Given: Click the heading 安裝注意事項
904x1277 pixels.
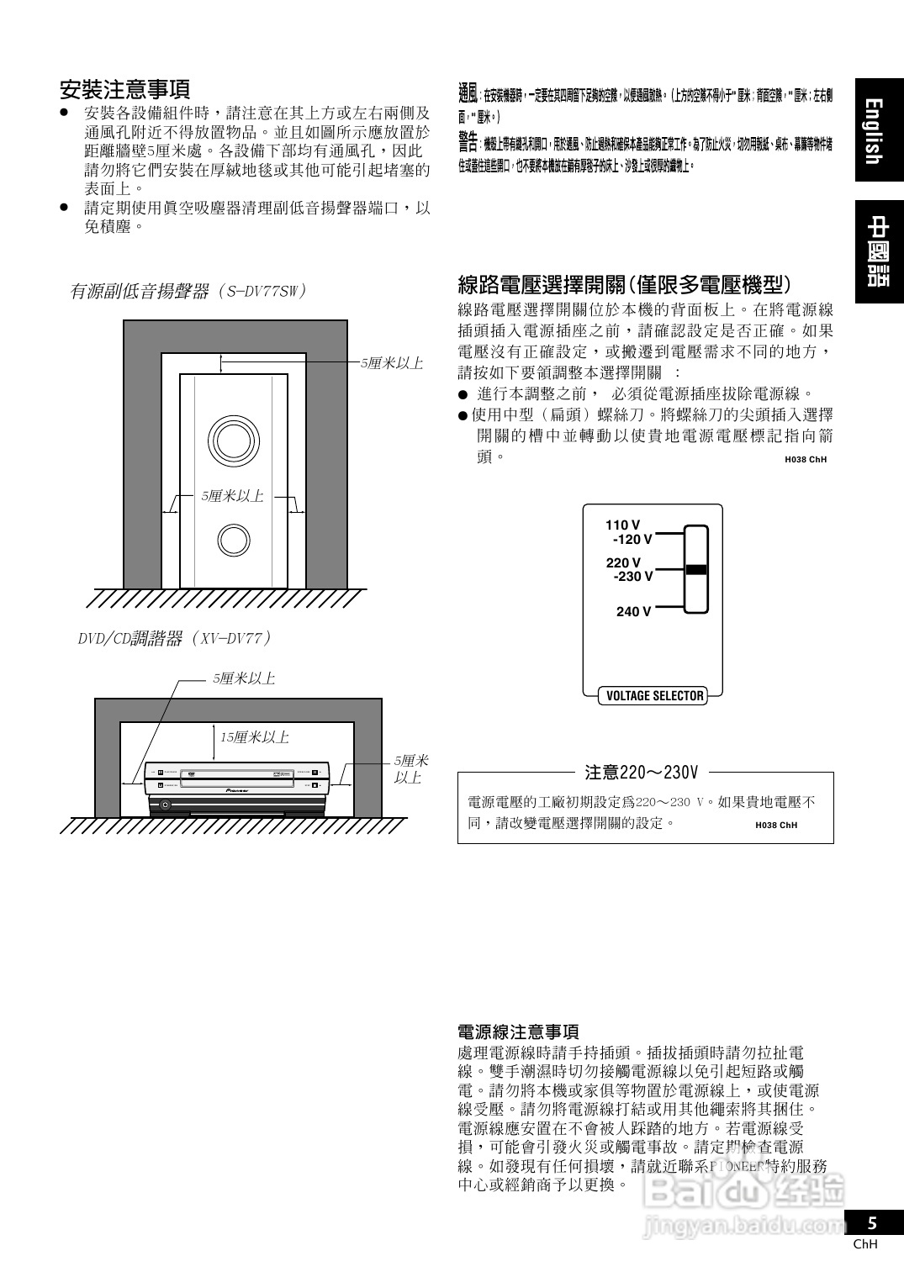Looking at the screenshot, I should (124, 89).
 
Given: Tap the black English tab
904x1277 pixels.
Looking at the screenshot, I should (878, 130).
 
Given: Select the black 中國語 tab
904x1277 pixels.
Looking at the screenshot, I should (878, 251).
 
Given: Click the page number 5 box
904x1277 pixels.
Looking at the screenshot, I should (873, 1223).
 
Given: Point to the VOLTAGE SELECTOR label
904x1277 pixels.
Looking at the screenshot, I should (654, 696).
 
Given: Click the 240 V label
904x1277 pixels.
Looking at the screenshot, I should (633, 612).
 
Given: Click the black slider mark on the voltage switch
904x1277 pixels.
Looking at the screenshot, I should (695, 569).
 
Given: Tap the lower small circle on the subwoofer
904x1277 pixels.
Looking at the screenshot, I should (233, 541).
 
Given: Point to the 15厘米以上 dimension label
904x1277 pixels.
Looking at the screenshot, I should (255, 737).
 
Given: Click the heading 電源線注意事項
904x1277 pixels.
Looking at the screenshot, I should (518, 1032).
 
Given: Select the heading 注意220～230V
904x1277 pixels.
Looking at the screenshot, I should (641, 772).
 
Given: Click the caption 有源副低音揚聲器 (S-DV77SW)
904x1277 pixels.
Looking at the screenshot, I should (188, 292).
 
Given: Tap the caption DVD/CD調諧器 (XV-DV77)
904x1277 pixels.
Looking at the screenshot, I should (175, 639).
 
